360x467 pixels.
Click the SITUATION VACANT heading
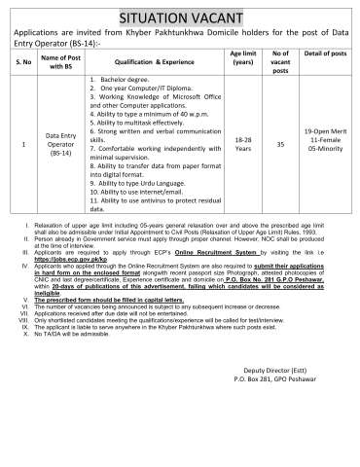click(x=180, y=17)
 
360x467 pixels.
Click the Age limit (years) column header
click(x=243, y=58)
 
